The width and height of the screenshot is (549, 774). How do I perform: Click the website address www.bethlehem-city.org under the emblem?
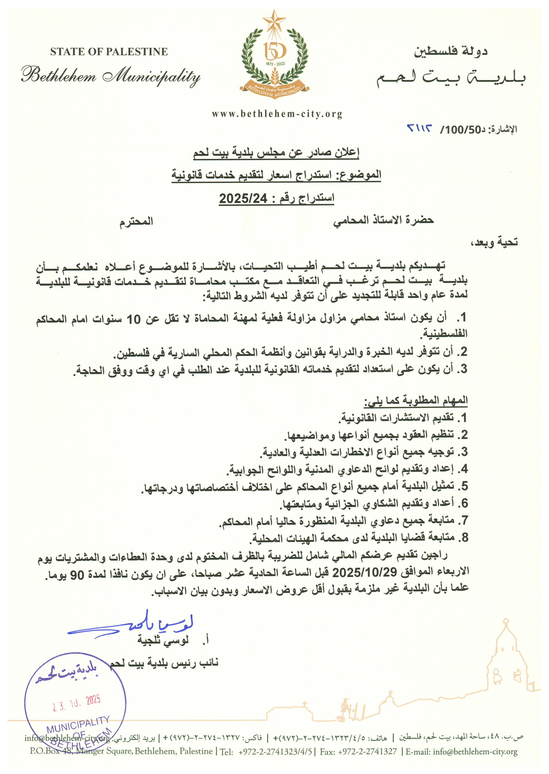(277, 114)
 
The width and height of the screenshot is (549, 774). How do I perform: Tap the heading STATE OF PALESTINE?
(109, 52)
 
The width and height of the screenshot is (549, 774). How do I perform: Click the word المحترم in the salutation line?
(136, 221)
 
